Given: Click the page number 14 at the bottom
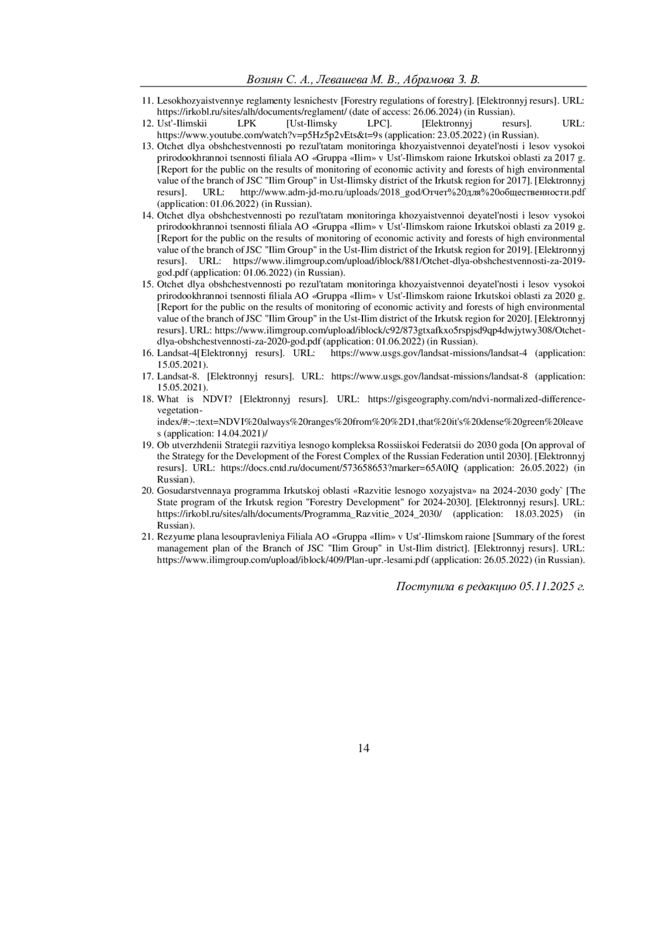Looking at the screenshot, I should point(364,748).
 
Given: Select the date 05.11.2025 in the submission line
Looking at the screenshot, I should point(545,586).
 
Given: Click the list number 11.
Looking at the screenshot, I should point(148,101).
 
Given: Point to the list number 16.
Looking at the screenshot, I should point(148,353).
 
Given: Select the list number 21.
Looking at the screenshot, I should point(148,537).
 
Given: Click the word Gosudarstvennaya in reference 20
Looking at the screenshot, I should point(191,490).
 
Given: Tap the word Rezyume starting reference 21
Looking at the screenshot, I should point(174,537).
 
